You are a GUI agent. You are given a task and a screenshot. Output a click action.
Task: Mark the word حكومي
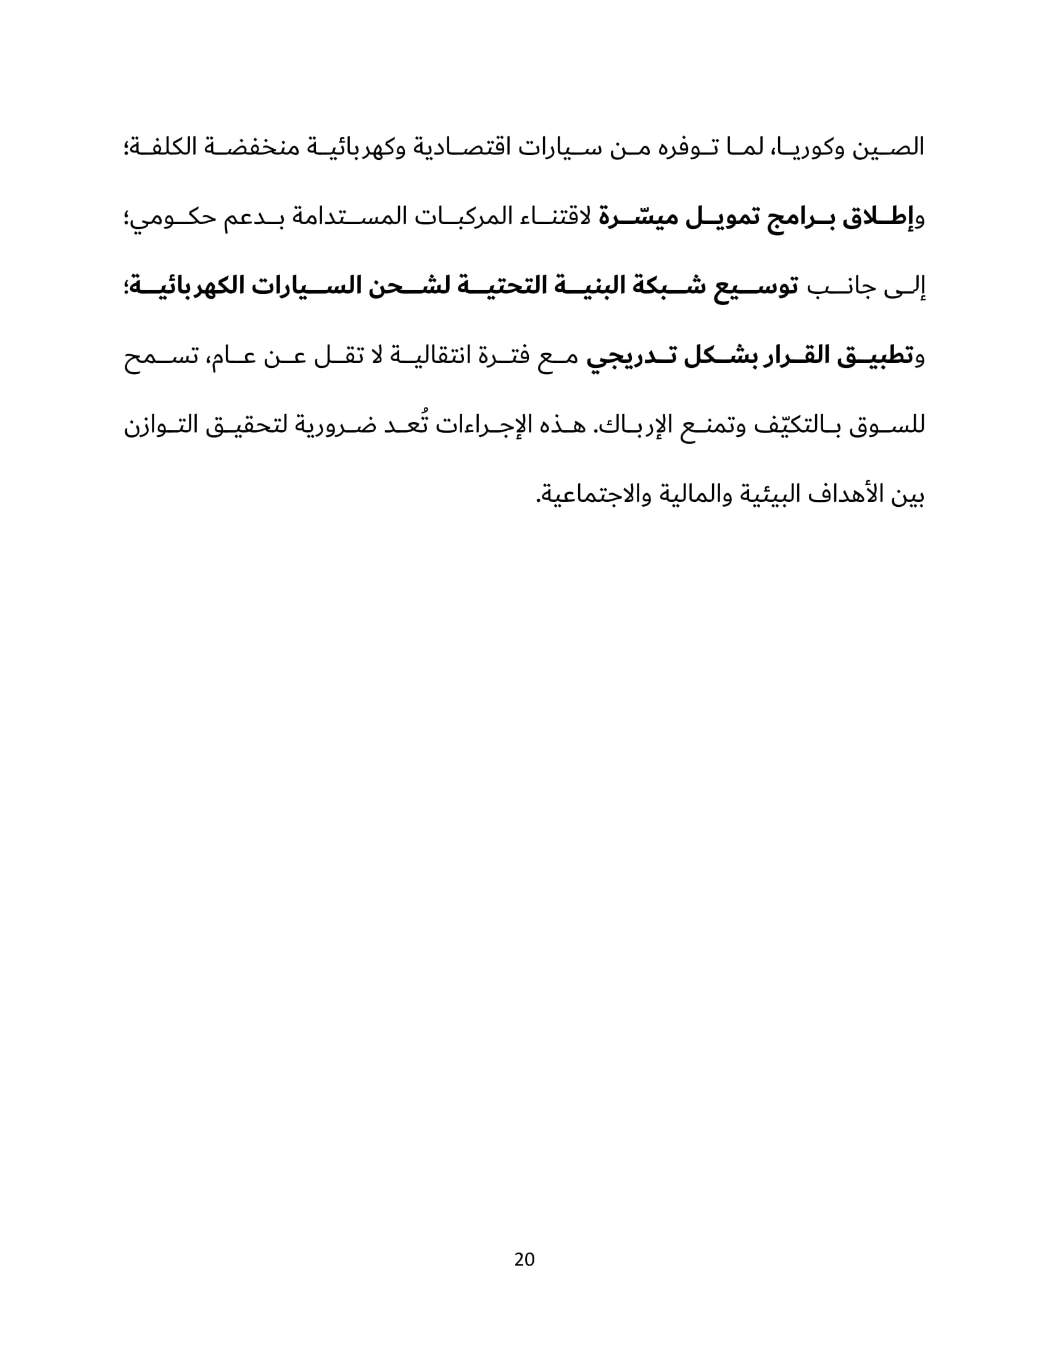coord(170,218)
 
